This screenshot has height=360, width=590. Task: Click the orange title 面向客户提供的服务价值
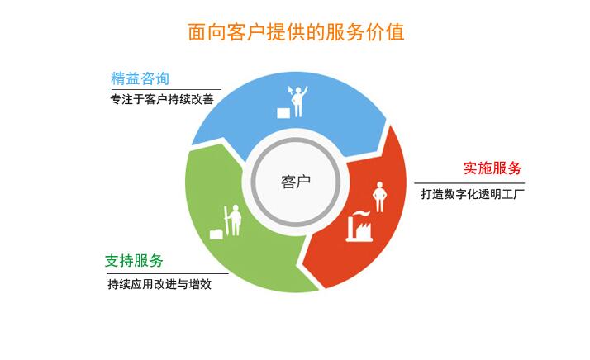point(296,31)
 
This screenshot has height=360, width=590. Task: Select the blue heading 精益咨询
point(140,78)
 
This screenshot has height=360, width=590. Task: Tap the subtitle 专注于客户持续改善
point(162,99)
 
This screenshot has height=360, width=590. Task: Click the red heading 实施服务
point(492,168)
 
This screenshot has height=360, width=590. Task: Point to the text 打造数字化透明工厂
point(473,194)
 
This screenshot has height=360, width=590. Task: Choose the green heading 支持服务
point(134,261)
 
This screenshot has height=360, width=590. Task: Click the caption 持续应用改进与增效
point(159,284)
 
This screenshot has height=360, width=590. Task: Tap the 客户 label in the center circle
point(296,182)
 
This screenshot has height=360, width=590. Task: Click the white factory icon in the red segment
point(359,226)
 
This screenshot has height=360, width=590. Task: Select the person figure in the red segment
point(379,197)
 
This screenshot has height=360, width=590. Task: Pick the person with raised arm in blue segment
point(299,102)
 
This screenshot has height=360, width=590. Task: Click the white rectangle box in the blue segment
point(283,113)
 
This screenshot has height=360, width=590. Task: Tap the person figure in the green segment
point(236,220)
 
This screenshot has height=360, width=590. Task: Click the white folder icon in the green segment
point(216,234)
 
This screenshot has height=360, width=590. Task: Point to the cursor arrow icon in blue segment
point(290,91)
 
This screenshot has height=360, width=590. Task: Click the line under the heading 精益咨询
point(166,89)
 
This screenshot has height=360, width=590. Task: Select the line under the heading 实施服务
point(469,183)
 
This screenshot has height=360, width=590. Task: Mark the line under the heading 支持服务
point(167,273)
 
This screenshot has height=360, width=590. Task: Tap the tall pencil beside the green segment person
point(226,221)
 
